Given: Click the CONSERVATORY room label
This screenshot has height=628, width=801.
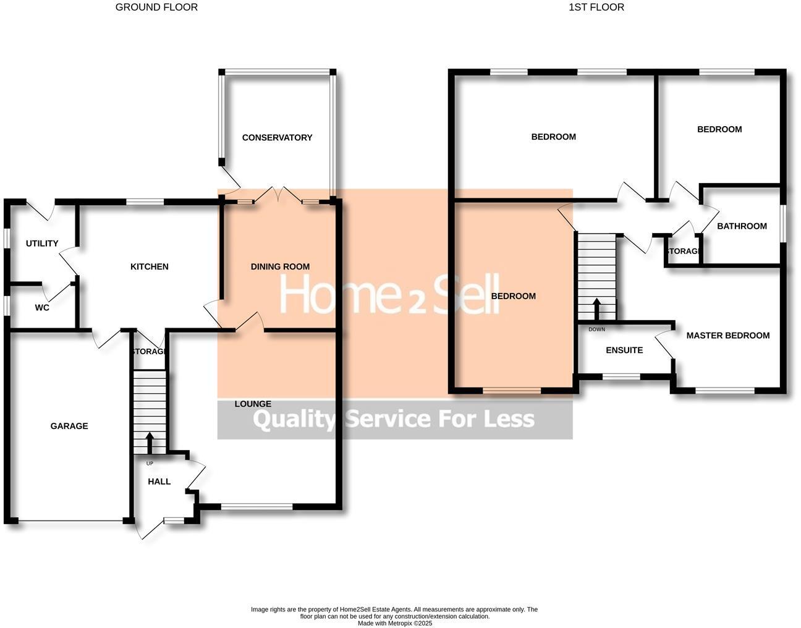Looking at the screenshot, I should (x=277, y=137).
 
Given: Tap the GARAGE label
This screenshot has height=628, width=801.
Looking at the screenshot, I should (x=69, y=426).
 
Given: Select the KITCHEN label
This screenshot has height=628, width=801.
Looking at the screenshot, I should (x=149, y=266).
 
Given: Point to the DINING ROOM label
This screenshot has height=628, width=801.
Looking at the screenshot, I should (x=280, y=266).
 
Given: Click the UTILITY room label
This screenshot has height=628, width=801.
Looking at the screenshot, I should (x=42, y=243).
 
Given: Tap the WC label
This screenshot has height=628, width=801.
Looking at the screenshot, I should (x=42, y=307).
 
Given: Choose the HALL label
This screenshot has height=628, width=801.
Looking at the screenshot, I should (x=159, y=482).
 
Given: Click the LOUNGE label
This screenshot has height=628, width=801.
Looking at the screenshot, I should (x=253, y=404).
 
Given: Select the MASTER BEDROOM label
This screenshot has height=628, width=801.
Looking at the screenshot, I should (x=727, y=336).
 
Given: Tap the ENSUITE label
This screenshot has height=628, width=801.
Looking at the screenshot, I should (x=624, y=350).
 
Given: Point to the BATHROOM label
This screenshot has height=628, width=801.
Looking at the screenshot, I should (x=742, y=226).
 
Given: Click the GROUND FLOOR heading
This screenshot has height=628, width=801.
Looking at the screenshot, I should (x=156, y=7).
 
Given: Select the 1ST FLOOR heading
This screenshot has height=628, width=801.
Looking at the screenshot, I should (x=596, y=7).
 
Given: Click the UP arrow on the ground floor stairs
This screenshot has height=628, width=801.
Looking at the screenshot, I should (x=150, y=442).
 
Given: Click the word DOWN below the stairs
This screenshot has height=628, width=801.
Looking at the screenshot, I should (x=596, y=329).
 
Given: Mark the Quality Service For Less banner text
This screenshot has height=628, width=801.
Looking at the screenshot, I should (x=394, y=420).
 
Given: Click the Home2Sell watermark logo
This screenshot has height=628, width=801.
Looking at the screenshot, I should (x=389, y=295).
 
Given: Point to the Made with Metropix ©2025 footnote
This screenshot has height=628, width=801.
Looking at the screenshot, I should (x=394, y=623).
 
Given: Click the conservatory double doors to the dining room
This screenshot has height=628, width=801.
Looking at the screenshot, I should (x=278, y=195).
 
